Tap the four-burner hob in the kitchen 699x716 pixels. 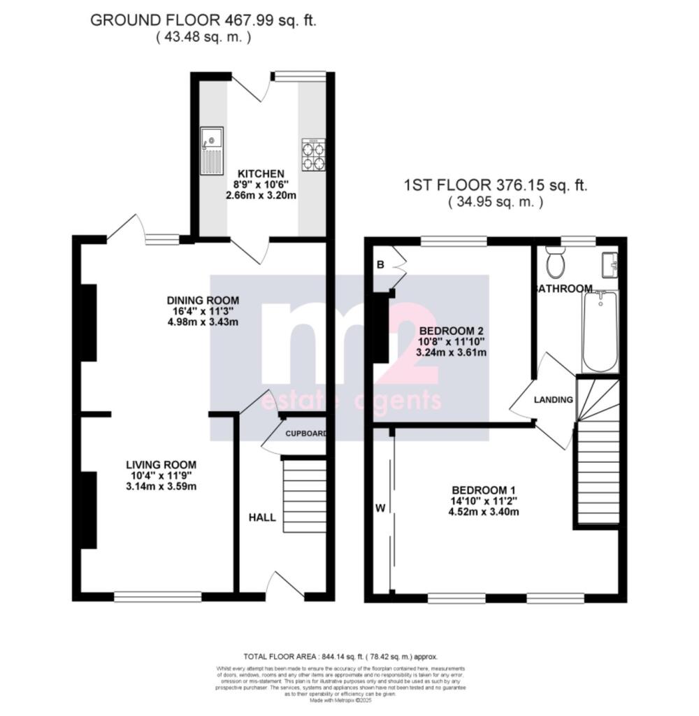[313, 155]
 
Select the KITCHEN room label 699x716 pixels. [261, 173]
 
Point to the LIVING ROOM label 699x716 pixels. [161, 464]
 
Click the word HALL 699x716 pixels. [263, 518]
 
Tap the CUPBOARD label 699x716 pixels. [306, 434]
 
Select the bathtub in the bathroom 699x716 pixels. [600, 332]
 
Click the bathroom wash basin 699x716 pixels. [609, 264]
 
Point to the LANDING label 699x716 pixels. [553, 400]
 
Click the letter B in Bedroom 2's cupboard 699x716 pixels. [381, 265]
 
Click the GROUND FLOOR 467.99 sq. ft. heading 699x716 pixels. [203, 20]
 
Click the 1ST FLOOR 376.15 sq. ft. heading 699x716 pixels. [495, 186]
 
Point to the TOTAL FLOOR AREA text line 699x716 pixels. [340, 657]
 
